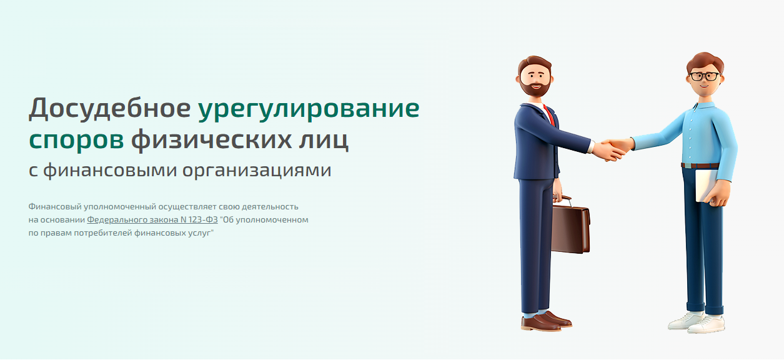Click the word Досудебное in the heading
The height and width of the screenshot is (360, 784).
pos(109,109)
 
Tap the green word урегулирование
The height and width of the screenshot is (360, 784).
pos(309,110)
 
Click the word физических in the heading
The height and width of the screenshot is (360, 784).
pos(211,140)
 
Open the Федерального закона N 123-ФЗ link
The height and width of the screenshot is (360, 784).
pos(152,220)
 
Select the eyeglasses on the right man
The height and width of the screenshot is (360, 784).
pos(704,76)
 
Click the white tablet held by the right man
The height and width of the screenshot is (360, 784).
pos(705,186)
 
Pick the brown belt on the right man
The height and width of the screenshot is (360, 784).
pos(699,166)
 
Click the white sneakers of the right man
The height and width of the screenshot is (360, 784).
pos(696,322)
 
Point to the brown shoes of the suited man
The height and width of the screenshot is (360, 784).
pos(546,321)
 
